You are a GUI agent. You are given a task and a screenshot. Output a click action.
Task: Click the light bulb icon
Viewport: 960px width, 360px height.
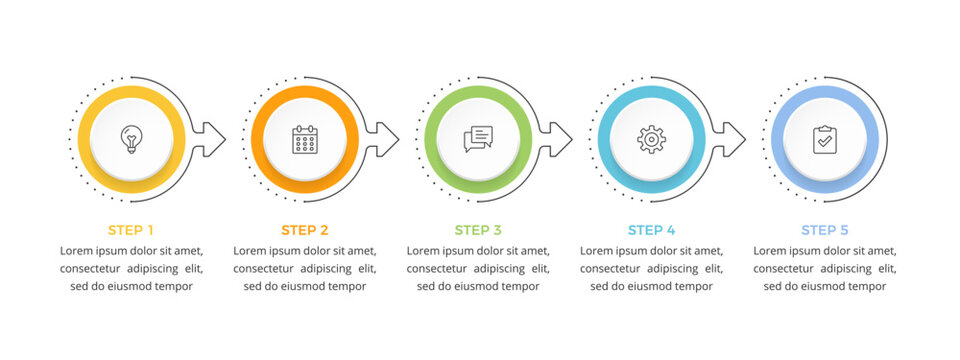131,139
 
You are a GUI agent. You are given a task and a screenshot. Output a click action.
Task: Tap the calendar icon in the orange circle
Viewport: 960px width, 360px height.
304,139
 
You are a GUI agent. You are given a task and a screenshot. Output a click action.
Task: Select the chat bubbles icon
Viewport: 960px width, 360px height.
478,139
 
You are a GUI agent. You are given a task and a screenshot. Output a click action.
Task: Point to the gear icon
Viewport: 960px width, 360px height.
651,139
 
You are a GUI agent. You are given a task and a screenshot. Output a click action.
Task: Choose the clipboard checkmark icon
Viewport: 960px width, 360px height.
824,139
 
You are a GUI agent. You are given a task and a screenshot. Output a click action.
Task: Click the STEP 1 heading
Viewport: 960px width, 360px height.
131,230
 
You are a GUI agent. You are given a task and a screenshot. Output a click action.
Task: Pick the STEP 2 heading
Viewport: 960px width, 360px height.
304,230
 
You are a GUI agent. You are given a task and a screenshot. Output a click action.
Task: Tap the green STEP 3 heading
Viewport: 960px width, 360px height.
478,230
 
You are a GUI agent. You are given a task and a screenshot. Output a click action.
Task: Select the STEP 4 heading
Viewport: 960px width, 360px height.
651,230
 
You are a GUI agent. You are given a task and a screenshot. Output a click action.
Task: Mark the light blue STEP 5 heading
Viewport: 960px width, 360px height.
824,230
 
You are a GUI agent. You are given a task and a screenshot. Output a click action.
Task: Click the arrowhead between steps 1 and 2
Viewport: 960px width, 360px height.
213,138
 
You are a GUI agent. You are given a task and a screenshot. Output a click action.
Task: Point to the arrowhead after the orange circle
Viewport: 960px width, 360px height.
386,138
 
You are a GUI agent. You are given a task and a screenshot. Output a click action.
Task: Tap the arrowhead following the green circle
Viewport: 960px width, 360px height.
559,138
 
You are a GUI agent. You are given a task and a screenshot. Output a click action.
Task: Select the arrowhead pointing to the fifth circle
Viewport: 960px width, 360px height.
733,138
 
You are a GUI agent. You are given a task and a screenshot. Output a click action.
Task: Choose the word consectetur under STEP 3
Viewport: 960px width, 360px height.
441,268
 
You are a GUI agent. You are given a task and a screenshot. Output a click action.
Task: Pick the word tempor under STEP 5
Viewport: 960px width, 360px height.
867,286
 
